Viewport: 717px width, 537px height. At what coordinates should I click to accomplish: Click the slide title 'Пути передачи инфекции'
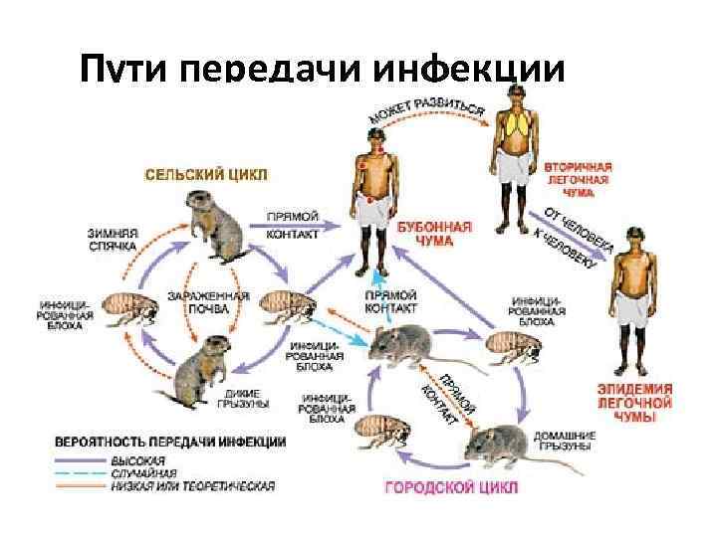pyautogui.click(x=323, y=72)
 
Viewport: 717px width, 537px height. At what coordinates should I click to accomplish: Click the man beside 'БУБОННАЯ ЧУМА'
pyautogui.click(x=374, y=199)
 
